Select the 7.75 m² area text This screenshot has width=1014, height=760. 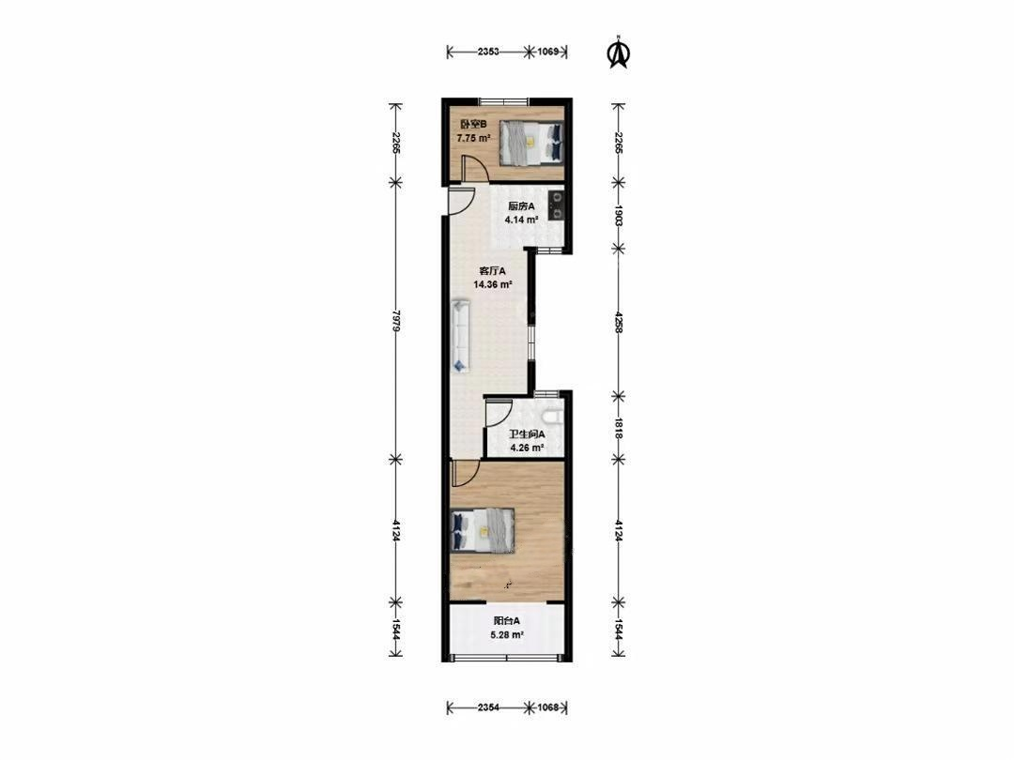473,138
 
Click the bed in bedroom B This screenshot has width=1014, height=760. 530,144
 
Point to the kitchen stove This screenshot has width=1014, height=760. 556,206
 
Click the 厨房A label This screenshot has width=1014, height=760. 521,206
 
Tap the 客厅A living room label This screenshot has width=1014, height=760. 492,271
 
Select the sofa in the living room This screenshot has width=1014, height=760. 461,335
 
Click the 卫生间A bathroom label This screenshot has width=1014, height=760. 527,434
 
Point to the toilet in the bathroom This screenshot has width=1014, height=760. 554,415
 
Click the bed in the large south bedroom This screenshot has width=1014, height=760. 484,530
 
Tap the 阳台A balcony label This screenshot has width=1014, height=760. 507,620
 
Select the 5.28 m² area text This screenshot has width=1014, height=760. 507,634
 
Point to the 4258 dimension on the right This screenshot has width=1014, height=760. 619,322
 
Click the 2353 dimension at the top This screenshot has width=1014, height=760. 488,52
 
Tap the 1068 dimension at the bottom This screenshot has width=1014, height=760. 547,707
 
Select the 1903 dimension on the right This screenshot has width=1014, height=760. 619,215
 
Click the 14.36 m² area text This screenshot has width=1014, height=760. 493,284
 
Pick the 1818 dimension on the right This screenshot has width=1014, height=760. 619,428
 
